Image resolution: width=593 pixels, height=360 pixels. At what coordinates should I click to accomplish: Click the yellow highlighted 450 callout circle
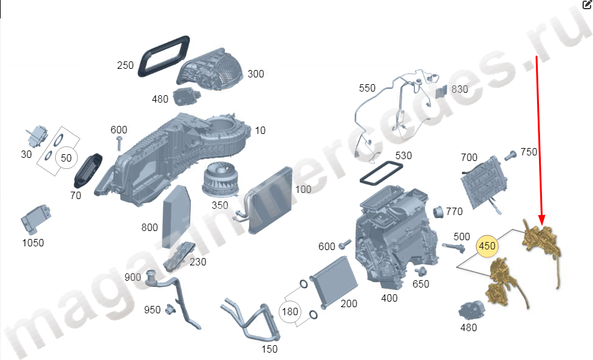[487, 246]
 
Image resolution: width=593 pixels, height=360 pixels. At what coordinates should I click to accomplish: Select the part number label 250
[125, 66]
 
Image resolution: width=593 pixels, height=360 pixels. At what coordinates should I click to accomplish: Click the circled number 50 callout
[66, 158]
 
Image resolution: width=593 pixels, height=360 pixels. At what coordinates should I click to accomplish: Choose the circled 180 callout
[290, 311]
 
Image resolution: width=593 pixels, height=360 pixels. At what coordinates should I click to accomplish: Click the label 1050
[33, 243]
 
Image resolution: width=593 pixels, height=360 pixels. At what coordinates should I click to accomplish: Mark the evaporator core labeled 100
[270, 200]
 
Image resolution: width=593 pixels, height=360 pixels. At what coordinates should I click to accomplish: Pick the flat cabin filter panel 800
[177, 216]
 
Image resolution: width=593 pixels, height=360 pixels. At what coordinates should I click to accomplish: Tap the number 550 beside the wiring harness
[367, 88]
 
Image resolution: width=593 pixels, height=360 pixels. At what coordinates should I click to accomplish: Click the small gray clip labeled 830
[441, 92]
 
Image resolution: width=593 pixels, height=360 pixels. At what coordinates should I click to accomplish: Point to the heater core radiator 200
[333, 281]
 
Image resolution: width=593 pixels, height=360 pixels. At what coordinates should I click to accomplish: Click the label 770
[454, 211]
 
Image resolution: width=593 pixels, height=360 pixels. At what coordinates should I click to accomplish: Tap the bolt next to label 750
[510, 155]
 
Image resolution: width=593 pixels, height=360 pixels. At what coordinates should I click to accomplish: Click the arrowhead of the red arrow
[541, 220]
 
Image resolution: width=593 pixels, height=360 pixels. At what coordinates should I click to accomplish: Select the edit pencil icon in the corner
[587, 4]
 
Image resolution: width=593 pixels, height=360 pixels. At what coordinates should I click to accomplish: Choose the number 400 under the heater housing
[389, 299]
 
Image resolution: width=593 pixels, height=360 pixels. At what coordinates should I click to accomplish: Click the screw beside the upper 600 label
[119, 144]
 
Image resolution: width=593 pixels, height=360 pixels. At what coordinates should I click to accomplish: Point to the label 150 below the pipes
[269, 349]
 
